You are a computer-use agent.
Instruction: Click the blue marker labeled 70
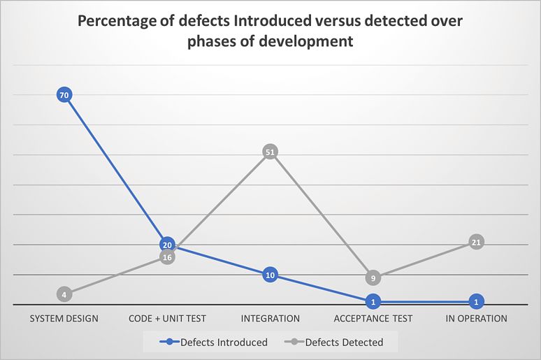point(64,95)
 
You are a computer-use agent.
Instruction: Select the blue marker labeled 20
point(167,245)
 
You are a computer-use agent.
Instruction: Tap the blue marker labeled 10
point(270,275)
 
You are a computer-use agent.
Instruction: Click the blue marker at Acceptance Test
point(373,302)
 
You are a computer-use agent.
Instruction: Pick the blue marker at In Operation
point(476,302)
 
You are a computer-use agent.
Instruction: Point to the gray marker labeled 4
point(64,294)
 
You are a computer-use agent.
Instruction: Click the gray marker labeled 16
point(167,257)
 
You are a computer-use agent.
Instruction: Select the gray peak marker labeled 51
point(270,152)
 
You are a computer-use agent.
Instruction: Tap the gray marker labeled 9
point(373,278)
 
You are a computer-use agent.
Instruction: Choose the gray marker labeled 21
point(476,242)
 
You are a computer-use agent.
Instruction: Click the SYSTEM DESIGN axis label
point(64,319)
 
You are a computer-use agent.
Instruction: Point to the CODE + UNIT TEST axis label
point(167,319)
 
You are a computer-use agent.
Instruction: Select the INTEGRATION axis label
point(270,319)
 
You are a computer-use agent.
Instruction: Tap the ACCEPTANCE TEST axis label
point(373,319)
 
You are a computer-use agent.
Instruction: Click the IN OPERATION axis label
point(476,319)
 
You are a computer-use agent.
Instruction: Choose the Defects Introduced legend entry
point(214,343)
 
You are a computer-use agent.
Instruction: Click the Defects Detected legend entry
point(338,343)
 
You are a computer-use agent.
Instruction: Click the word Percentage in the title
point(116,21)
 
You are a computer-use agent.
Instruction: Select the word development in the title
point(308,42)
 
